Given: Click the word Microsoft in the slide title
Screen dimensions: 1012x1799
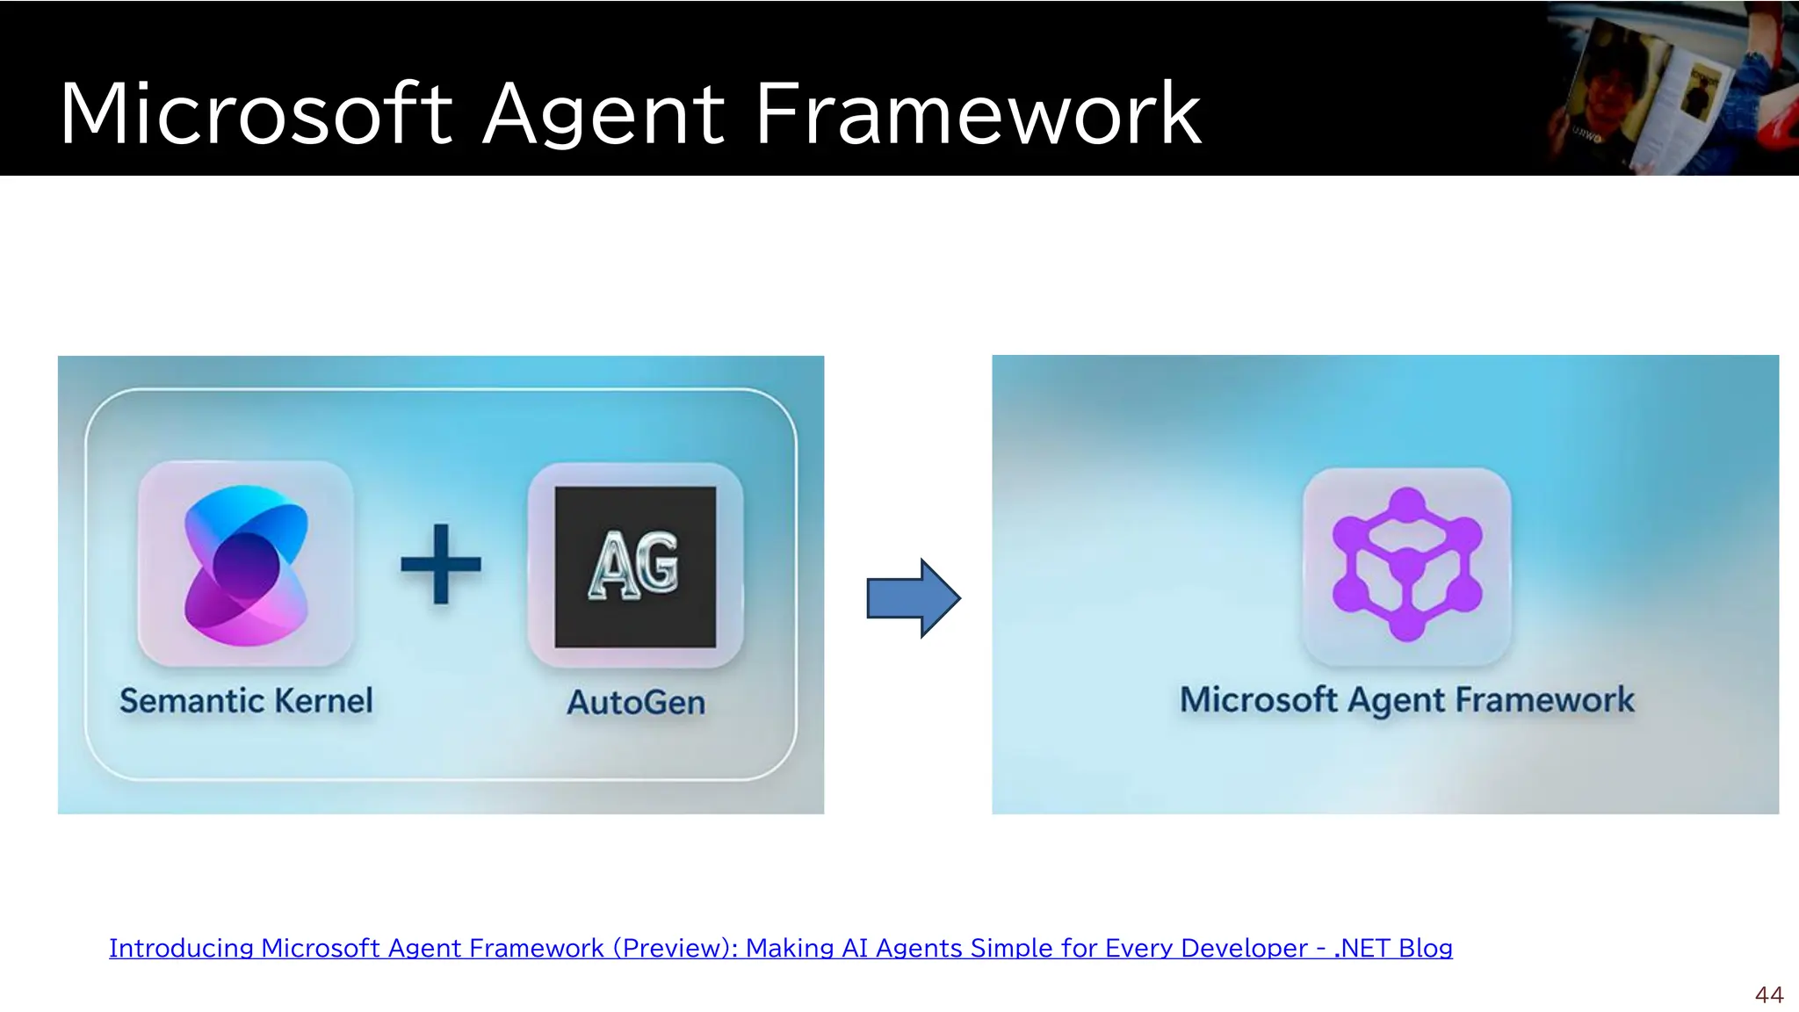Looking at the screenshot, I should click(x=256, y=114).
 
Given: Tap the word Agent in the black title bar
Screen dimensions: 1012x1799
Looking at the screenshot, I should click(x=603, y=114).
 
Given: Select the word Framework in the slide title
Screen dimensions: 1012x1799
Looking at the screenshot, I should click(x=978, y=114).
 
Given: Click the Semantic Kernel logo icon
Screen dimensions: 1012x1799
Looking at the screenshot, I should click(x=246, y=564).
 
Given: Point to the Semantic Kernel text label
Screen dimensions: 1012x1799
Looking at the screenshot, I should click(x=246, y=701).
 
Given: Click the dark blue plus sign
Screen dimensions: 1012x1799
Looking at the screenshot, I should click(x=440, y=564).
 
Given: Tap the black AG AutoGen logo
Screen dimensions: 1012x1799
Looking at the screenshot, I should click(x=635, y=567).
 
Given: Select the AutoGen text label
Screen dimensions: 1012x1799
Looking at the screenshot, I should click(x=636, y=703).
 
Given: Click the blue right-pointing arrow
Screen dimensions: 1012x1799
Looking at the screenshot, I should click(x=914, y=598).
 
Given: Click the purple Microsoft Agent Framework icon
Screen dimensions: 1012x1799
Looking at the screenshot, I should click(x=1406, y=564).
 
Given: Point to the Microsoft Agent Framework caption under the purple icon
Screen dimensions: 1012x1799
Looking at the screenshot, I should click(x=1406, y=700).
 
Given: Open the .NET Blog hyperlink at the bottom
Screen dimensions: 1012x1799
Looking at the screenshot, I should click(x=780, y=949).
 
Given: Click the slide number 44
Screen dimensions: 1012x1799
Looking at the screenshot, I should click(x=1769, y=994).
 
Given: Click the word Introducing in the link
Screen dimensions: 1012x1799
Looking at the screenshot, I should click(x=181, y=949).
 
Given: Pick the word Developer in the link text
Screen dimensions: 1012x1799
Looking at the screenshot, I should click(x=1244, y=949).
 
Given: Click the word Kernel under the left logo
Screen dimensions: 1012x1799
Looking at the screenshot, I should click(x=323, y=701).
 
